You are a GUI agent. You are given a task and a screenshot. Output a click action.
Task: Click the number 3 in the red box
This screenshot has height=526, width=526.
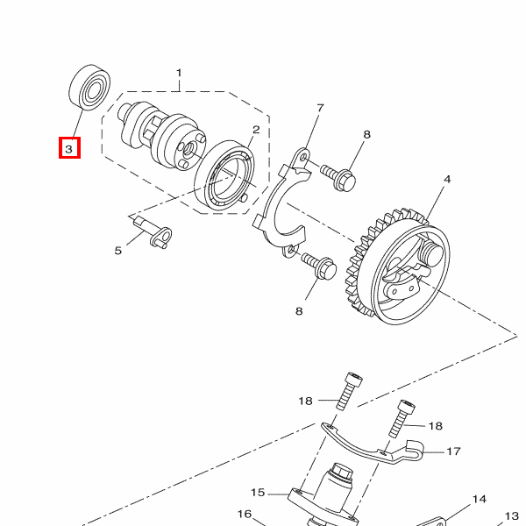[69, 149]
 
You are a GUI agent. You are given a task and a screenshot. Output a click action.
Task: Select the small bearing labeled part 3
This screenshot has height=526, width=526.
[90, 87]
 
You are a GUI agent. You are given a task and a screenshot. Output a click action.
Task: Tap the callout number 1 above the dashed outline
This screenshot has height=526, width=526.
[179, 73]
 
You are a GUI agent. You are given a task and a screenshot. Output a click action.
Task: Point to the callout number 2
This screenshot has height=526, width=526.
[256, 130]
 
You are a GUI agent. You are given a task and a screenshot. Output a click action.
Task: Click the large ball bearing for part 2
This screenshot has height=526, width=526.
[224, 176]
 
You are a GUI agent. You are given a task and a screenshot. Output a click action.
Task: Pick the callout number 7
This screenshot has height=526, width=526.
[320, 108]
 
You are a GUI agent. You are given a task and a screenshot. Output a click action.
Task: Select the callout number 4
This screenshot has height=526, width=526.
[447, 179]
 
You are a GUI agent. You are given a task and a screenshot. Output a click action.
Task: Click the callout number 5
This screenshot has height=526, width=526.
[117, 250]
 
